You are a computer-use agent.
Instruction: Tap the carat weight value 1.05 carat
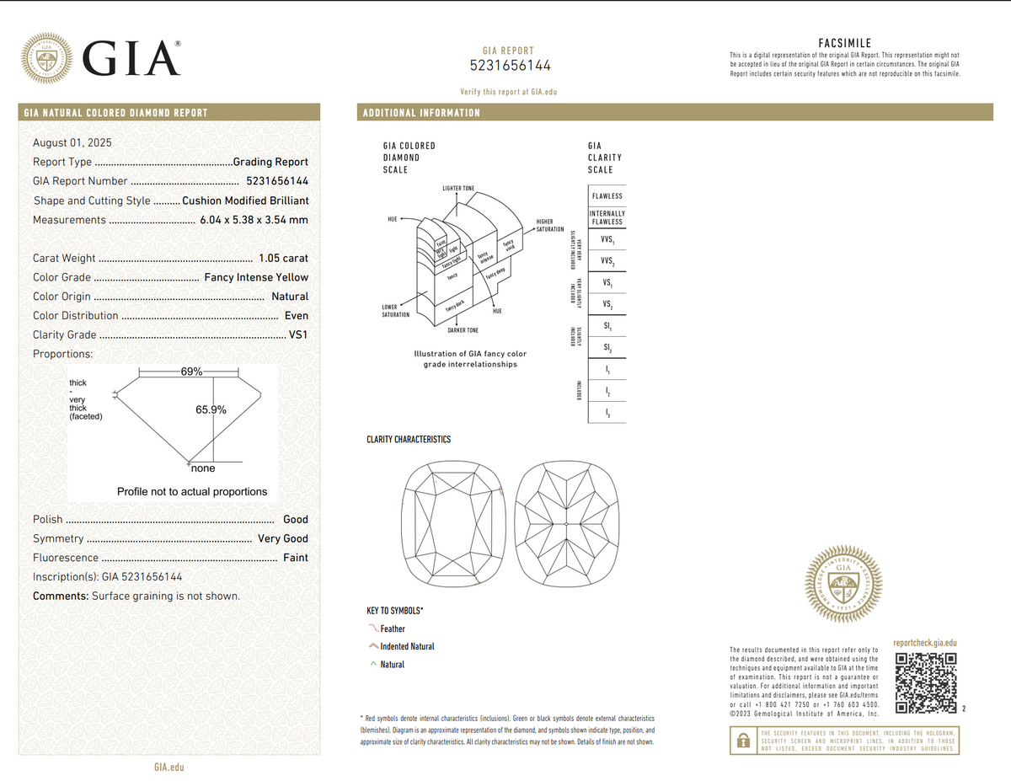click(284, 259)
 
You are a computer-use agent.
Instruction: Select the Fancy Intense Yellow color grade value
click(256, 277)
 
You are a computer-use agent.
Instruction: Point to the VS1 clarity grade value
click(298, 334)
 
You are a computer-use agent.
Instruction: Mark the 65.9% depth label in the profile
click(211, 410)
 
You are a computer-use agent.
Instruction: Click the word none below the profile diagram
click(204, 468)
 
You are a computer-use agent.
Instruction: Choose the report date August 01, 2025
click(72, 142)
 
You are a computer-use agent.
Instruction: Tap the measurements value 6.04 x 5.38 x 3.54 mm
click(254, 220)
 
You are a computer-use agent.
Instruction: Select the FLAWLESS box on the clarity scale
click(607, 196)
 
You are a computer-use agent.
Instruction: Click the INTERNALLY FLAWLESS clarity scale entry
click(607, 217)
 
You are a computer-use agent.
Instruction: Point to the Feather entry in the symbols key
click(393, 629)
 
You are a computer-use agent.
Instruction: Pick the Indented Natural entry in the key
click(407, 646)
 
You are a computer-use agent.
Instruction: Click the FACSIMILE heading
click(844, 43)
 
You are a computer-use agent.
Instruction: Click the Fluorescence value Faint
click(296, 558)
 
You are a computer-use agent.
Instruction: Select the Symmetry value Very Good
click(283, 538)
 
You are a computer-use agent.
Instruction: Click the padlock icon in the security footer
click(743, 741)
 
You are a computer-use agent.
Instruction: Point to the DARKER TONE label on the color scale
click(463, 330)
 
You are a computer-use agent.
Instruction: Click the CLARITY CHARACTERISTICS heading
click(409, 440)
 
